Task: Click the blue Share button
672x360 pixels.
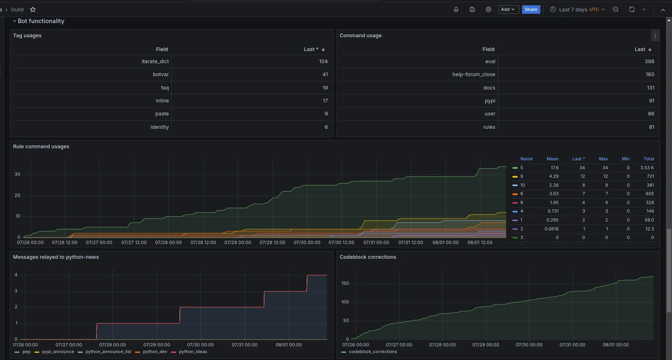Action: (x=531, y=9)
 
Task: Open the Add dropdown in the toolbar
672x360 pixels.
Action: (x=508, y=9)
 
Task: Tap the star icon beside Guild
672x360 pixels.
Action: (x=33, y=9)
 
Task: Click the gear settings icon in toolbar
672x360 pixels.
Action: (x=488, y=9)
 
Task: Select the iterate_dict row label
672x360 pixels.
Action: (x=155, y=62)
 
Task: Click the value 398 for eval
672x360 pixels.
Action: (x=649, y=62)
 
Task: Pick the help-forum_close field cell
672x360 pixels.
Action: (x=474, y=75)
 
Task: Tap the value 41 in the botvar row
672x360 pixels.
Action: (x=325, y=75)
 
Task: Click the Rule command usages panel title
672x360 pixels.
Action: (x=41, y=147)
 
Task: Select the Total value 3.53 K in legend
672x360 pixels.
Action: (x=647, y=168)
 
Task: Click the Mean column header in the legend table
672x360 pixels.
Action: (x=552, y=159)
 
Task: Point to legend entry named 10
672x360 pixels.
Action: (x=522, y=185)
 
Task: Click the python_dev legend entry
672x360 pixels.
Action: (x=155, y=352)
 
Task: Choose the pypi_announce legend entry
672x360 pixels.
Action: (x=58, y=352)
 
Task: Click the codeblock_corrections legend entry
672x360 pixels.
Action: (x=373, y=352)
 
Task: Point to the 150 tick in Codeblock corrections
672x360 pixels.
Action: (x=345, y=283)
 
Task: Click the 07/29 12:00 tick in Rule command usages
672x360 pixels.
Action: (x=272, y=243)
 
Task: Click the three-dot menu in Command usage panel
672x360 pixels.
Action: (x=655, y=36)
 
